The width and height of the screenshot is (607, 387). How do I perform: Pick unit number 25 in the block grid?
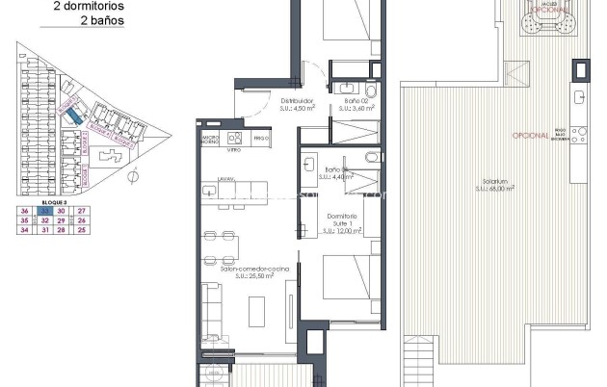(82, 230)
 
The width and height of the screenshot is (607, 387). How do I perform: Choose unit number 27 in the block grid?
(82, 211)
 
